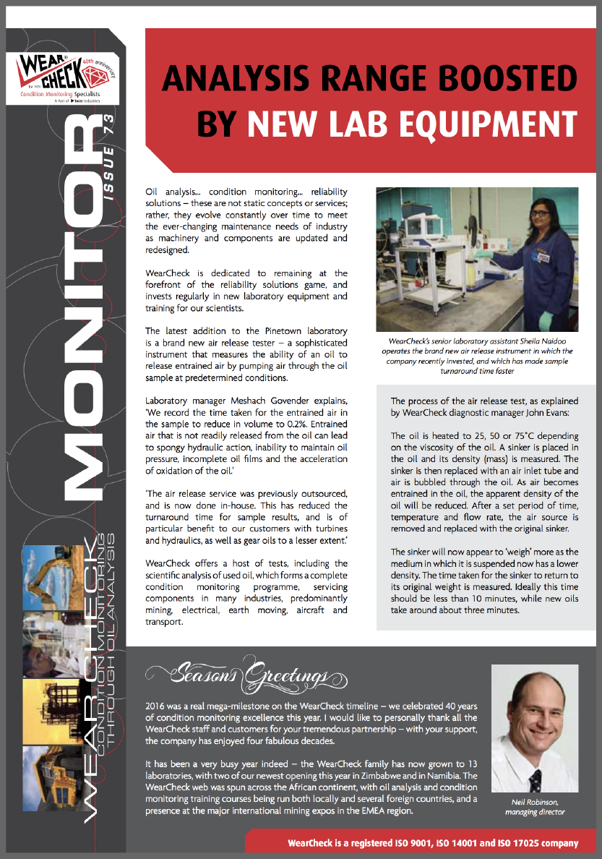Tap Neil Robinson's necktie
(536, 779)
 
